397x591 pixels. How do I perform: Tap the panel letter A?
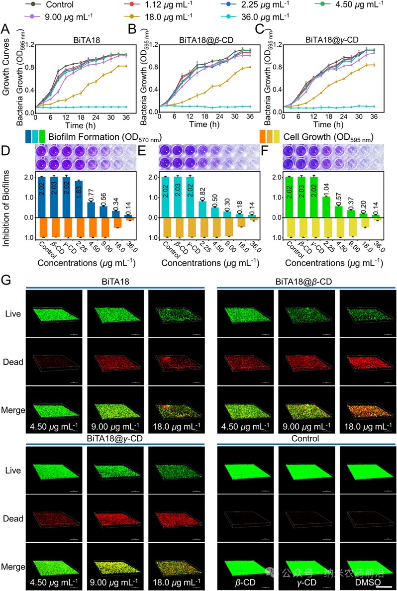(6, 29)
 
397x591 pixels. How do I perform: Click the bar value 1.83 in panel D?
(78, 197)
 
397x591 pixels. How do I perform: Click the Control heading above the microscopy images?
(306, 439)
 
